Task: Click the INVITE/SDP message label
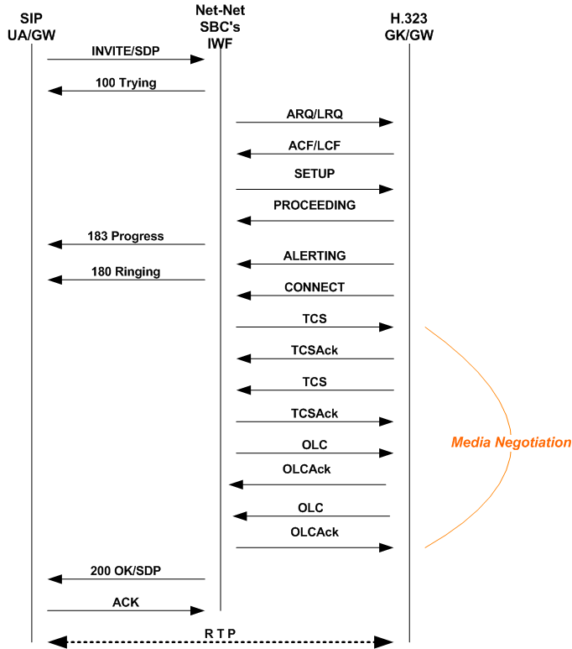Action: (126, 51)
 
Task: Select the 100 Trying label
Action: (126, 82)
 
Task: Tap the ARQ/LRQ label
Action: (315, 113)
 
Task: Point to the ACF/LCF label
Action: (315, 144)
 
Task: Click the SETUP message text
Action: (315, 174)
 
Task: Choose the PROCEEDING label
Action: (315, 205)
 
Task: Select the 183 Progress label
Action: (126, 236)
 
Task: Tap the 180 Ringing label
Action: (126, 271)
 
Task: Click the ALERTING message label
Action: (315, 255)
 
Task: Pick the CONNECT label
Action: (315, 287)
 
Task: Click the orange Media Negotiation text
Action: (511, 442)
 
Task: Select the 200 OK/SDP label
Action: (126, 570)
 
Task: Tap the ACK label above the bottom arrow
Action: (126, 602)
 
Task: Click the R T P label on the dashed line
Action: (220, 632)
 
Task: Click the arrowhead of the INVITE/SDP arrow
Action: (199, 60)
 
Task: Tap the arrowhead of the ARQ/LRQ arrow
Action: (387, 123)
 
